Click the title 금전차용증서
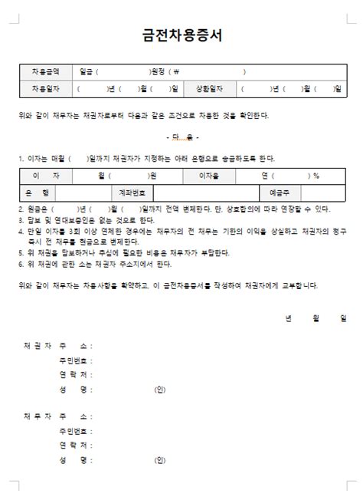coord(181,36)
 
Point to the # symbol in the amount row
coord(177,71)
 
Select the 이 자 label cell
coord(45,176)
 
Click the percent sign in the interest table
coord(316,176)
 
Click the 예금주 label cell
coord(280,192)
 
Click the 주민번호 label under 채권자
coord(75,360)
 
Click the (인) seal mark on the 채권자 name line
coord(159,390)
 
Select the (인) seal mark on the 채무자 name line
coord(159,461)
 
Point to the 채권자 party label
coord(38,346)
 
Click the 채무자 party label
coord(38,416)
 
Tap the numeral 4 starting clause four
coord(21,229)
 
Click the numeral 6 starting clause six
coord(21,263)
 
